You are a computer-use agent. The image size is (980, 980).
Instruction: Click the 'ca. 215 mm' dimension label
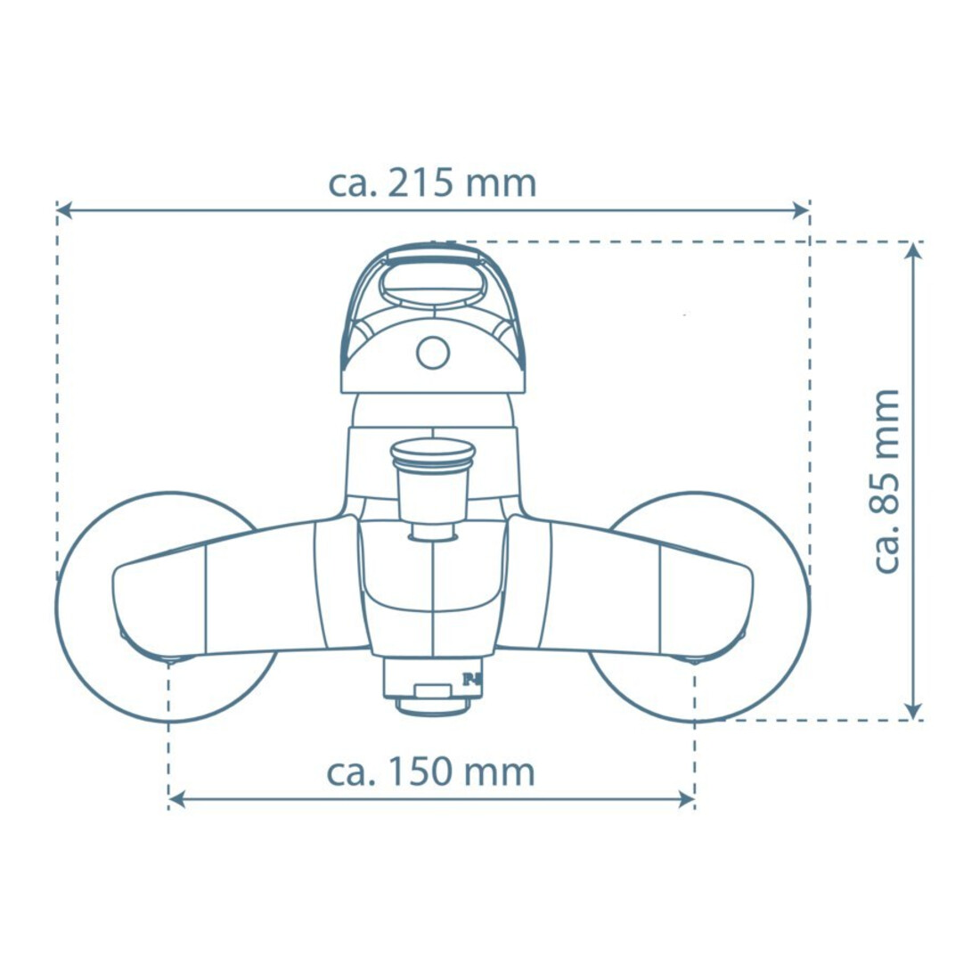coord(432,184)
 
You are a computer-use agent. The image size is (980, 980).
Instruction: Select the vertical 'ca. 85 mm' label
coord(885,480)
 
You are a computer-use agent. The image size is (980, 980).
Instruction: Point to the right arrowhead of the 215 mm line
coord(801,210)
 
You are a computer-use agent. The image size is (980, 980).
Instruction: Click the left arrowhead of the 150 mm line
coord(177,799)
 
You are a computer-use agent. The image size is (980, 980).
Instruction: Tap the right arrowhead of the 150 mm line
coord(686,799)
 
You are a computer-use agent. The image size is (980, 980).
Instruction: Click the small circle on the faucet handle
coord(432,353)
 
